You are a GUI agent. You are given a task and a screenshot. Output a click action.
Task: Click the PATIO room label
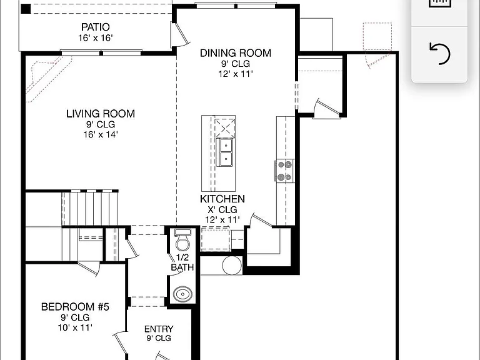pyautogui.click(x=96, y=27)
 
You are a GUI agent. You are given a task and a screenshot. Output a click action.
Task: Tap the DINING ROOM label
pyautogui.click(x=236, y=53)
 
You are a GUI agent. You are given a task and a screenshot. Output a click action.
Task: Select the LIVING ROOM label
pyautogui.click(x=101, y=114)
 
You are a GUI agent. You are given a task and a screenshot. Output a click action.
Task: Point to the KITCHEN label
pyautogui.click(x=222, y=199)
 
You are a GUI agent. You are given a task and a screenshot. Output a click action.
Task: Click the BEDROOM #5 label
pyautogui.click(x=75, y=307)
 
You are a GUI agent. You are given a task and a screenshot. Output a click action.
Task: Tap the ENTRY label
pyautogui.click(x=159, y=329)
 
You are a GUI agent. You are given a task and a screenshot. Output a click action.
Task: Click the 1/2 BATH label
pyautogui.click(x=182, y=262)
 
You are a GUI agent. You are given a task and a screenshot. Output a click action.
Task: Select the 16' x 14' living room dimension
pyautogui.click(x=101, y=134)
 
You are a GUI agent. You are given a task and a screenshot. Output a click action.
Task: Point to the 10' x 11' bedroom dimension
pyautogui.click(x=75, y=327)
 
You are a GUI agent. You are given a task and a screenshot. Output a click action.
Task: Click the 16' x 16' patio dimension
pyautogui.click(x=96, y=38)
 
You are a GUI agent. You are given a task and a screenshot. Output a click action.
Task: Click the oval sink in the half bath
pyautogui.click(x=182, y=294)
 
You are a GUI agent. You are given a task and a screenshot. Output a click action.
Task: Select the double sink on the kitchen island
pyautogui.click(x=224, y=152)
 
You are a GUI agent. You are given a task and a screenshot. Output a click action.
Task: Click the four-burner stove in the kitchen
pyautogui.click(x=285, y=171)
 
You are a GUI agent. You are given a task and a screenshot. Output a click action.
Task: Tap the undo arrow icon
pyautogui.click(x=440, y=54)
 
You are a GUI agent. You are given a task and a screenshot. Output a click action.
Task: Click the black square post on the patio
pyautogui.click(x=26, y=9)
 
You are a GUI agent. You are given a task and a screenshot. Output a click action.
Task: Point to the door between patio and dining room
pyautogui.click(x=180, y=34)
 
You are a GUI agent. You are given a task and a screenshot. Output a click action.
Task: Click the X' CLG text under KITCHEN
pyautogui.click(x=222, y=210)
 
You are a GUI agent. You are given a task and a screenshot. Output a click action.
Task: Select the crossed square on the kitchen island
pyautogui.click(x=225, y=127)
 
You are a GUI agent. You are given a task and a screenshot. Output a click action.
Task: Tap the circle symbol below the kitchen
pyautogui.click(x=232, y=265)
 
